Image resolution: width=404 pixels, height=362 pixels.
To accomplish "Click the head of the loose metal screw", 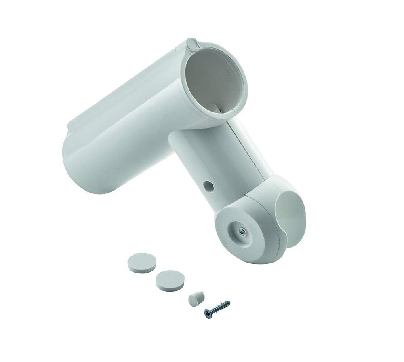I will [208, 312].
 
